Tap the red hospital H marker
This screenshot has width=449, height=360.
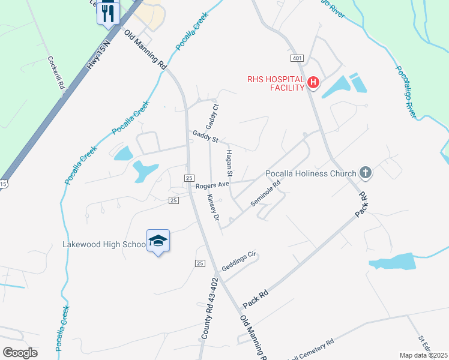(312, 83)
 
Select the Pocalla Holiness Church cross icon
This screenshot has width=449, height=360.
(365, 173)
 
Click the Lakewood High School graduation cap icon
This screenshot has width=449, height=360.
(158, 241)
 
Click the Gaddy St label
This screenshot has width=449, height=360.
(204, 136)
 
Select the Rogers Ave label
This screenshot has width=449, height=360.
(212, 185)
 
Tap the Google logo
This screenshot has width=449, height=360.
(20, 353)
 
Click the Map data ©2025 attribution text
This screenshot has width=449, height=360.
(423, 355)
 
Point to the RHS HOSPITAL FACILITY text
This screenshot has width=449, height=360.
(276, 83)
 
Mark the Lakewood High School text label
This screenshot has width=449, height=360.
(104, 245)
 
